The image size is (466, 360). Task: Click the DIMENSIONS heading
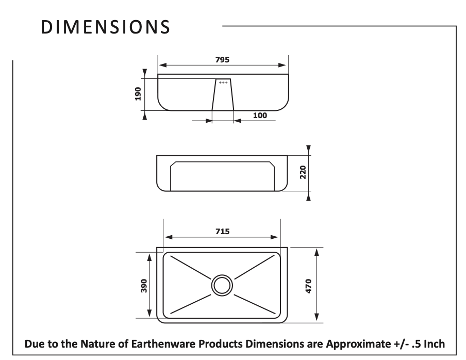[x=105, y=27]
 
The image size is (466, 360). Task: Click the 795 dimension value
[x=222, y=60]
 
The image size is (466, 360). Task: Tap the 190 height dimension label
[x=138, y=94]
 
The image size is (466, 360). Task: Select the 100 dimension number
[x=260, y=116]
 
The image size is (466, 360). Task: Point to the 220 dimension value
[x=303, y=172]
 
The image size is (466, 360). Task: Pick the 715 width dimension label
[x=222, y=231]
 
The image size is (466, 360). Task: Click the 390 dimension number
[x=144, y=285]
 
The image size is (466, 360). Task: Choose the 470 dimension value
[x=308, y=286]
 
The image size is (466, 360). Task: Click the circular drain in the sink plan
[x=222, y=285]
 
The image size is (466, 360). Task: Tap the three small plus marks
[x=223, y=83]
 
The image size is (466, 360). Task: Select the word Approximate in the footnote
[x=358, y=343]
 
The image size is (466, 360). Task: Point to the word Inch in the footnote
[x=434, y=343]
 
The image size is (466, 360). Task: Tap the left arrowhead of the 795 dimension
[x=162, y=65]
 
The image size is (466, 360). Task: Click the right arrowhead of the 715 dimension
[x=274, y=237]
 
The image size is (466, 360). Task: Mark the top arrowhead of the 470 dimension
[x=317, y=252]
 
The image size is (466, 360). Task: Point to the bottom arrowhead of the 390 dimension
[x=149, y=314]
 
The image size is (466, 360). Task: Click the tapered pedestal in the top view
[x=223, y=94]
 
